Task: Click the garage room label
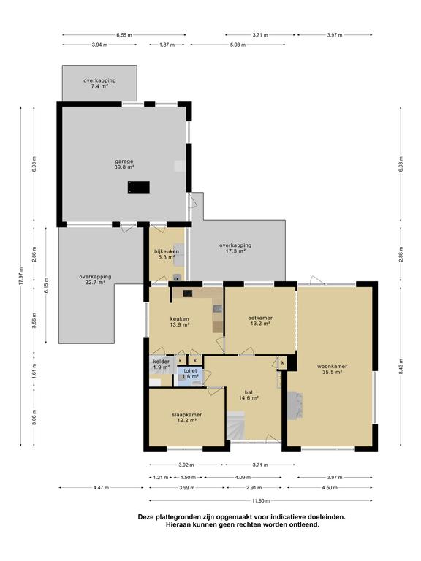(x=124, y=164)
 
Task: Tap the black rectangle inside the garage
(x=139, y=187)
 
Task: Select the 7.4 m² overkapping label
(x=99, y=83)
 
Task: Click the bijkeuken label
(x=167, y=254)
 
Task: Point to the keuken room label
(x=179, y=321)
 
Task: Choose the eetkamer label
(x=260, y=320)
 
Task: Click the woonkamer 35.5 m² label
(x=333, y=369)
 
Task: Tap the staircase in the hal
(x=235, y=425)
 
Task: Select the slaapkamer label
(x=187, y=418)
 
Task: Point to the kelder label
(x=161, y=365)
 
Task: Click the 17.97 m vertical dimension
(x=20, y=276)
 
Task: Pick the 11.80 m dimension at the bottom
(x=261, y=500)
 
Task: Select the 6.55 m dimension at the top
(x=124, y=35)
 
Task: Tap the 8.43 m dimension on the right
(x=401, y=366)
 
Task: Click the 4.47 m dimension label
(x=101, y=487)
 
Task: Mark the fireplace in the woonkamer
(x=295, y=405)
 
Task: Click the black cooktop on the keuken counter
(x=188, y=294)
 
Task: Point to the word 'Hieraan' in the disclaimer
(x=178, y=525)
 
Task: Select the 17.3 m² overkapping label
(x=235, y=248)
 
